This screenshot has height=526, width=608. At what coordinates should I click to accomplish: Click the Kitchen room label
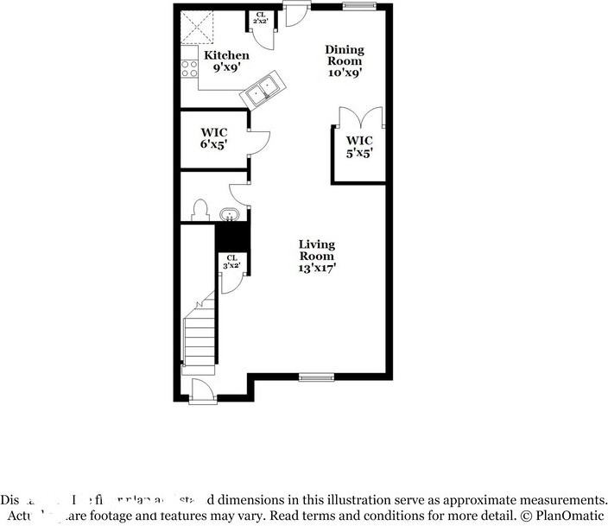(226, 56)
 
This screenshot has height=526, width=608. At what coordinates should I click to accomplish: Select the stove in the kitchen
(189, 68)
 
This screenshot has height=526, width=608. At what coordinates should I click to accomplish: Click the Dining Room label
(344, 55)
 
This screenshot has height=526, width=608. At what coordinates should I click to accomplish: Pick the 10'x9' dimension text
(344, 73)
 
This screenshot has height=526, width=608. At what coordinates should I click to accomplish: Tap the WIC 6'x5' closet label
(213, 138)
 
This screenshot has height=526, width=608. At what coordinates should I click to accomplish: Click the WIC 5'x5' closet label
(359, 147)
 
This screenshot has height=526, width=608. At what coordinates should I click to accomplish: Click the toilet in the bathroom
(200, 210)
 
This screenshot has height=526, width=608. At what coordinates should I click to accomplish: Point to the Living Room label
(316, 250)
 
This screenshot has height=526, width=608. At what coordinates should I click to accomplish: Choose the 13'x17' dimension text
(317, 268)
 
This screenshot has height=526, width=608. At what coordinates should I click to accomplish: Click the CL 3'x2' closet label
(231, 261)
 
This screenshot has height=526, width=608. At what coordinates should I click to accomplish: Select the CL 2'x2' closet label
(260, 18)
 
